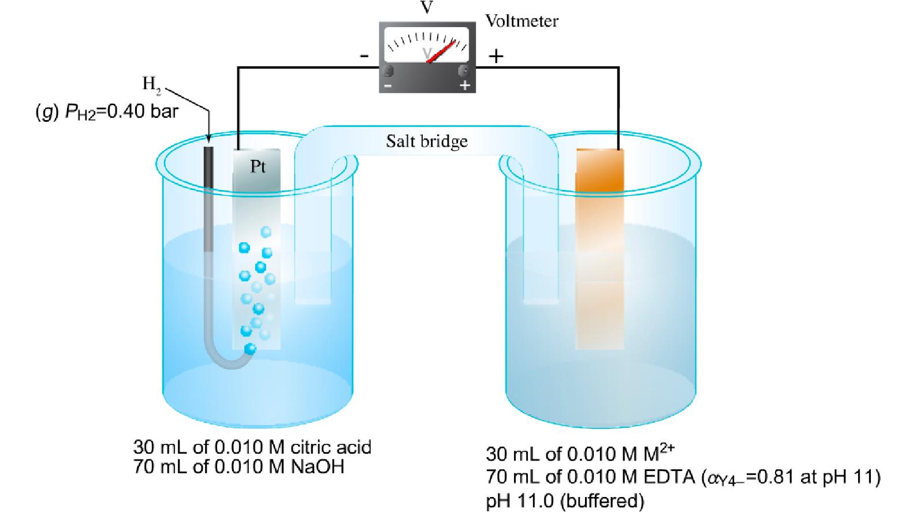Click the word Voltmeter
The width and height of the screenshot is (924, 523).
pyautogui.click(x=521, y=21)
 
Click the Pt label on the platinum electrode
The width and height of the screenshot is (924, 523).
pyautogui.click(x=258, y=166)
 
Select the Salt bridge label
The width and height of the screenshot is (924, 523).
pyautogui.click(x=427, y=141)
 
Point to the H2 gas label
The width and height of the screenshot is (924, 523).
pyautogui.click(x=151, y=84)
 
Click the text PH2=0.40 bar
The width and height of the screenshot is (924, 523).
pyautogui.click(x=121, y=111)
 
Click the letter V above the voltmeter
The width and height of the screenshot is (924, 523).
pyautogui.click(x=427, y=8)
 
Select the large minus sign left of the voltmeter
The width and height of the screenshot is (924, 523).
pyautogui.click(x=364, y=56)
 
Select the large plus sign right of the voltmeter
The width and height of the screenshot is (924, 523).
pyautogui.click(x=496, y=56)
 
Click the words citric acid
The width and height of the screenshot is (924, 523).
pyautogui.click(x=331, y=447)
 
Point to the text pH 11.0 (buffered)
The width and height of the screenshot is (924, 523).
pyautogui.click(x=565, y=500)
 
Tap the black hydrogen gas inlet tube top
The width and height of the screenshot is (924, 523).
pyautogui.click(x=208, y=156)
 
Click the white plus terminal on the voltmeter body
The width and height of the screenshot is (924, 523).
pyautogui.click(x=464, y=85)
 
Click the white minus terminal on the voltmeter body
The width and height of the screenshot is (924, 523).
pyautogui.click(x=388, y=85)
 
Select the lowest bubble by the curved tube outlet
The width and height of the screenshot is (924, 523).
pyautogui.click(x=250, y=349)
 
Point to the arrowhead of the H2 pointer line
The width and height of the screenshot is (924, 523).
pyautogui.click(x=208, y=139)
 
